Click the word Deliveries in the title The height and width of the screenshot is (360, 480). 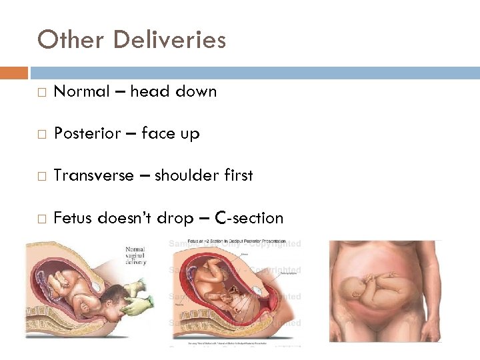[x=170, y=40]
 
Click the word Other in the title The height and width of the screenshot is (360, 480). [x=71, y=40]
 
